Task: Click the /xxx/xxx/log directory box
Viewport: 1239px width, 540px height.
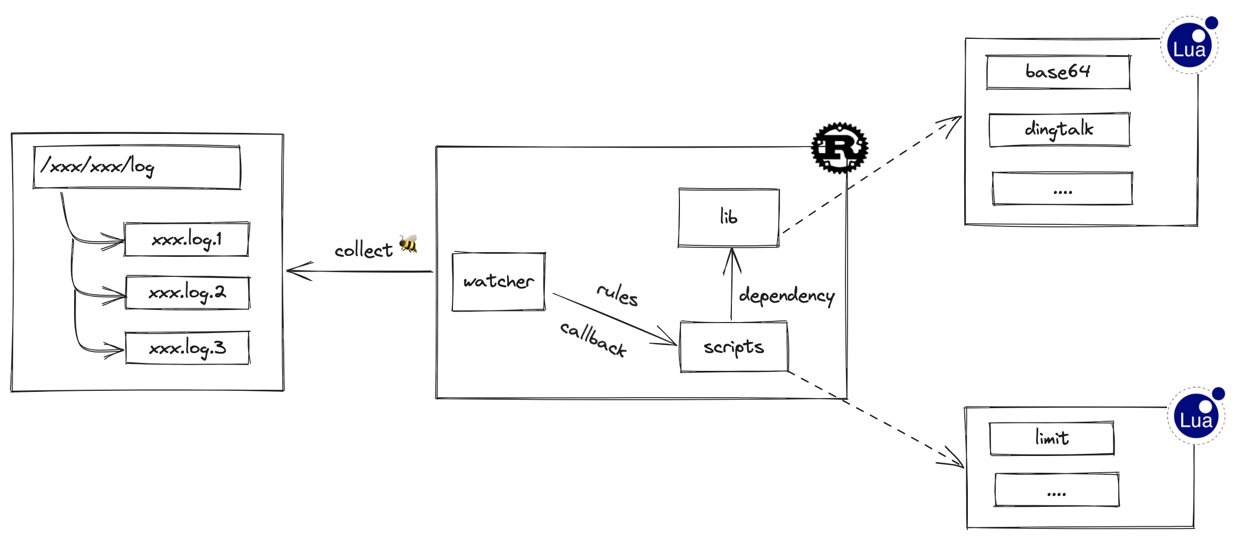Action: click(137, 167)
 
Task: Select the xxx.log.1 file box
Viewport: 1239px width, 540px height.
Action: click(187, 240)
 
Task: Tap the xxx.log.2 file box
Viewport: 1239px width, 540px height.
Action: click(187, 293)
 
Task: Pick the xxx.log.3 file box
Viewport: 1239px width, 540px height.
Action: click(187, 348)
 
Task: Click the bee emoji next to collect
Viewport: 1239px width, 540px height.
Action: click(408, 244)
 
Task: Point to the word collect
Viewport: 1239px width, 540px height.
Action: click(363, 251)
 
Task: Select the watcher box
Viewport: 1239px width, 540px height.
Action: click(498, 282)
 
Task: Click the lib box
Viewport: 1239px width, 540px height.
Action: click(728, 217)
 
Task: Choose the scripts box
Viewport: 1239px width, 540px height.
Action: click(734, 347)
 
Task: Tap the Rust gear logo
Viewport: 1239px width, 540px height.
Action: click(839, 148)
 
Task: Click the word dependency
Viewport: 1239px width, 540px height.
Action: click(786, 296)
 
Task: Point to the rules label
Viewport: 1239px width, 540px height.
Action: click(617, 294)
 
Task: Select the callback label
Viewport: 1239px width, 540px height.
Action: click(593, 339)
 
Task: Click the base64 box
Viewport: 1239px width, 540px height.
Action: click(1058, 72)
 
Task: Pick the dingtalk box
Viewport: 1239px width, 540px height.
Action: click(1059, 129)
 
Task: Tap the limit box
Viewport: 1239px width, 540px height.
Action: click(1051, 438)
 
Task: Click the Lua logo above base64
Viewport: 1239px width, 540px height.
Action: click(1189, 46)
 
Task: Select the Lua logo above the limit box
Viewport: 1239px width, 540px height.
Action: click(1196, 417)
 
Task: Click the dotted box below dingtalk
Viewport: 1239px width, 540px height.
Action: click(1062, 189)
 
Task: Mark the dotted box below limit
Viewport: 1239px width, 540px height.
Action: click(1056, 490)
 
